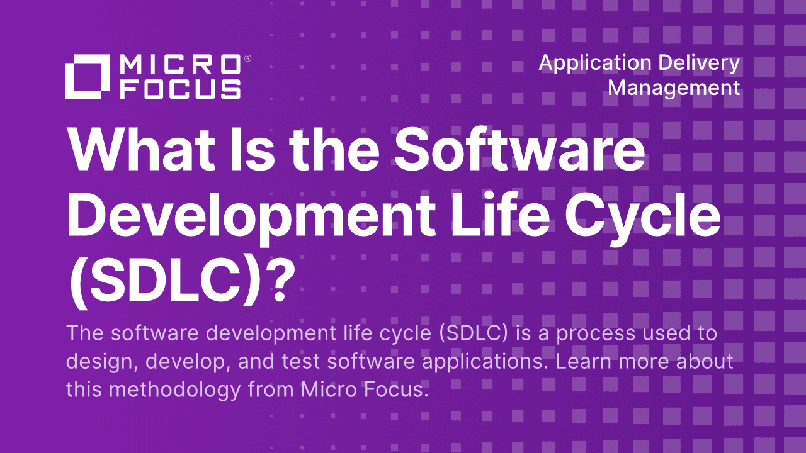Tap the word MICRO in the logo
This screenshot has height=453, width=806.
180,65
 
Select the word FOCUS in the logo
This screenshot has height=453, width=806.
180,89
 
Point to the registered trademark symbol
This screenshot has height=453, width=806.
247,59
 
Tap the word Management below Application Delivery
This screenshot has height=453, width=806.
674,87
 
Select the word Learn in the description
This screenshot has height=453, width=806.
589,361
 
